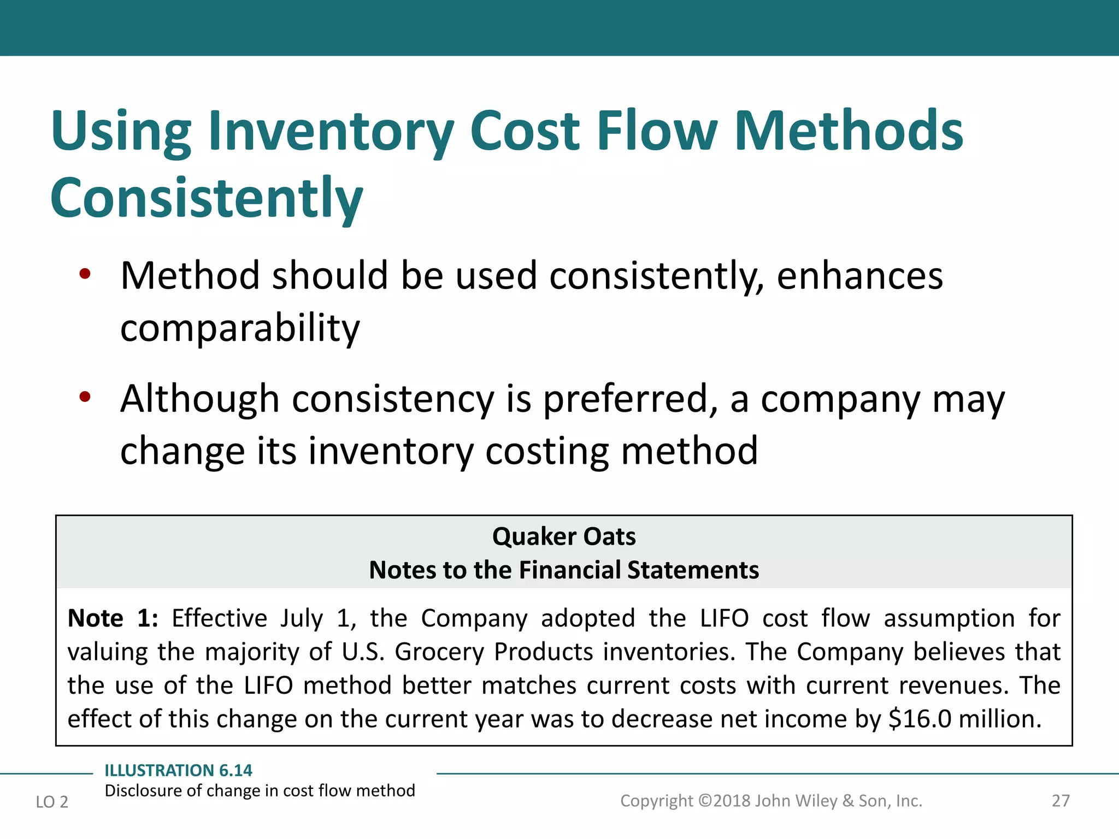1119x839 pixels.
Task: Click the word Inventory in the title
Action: pos(331,132)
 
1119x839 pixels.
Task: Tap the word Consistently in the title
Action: pos(207,198)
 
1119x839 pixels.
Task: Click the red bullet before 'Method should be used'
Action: pos(85,274)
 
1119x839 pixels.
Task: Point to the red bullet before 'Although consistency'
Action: pos(85,397)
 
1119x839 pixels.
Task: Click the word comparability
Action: pos(240,328)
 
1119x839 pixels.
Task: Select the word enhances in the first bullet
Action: pos(859,276)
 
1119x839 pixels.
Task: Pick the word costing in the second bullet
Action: pos(547,451)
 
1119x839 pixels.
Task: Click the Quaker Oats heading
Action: pos(564,536)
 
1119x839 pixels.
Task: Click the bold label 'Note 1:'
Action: pos(113,619)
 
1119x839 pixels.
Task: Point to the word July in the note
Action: pos(302,619)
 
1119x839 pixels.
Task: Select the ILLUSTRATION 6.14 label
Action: pos(178,770)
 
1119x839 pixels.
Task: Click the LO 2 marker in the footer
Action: pos(52,802)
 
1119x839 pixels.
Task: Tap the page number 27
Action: pos(1061,801)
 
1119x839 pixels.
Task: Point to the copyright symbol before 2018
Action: pos(705,801)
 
